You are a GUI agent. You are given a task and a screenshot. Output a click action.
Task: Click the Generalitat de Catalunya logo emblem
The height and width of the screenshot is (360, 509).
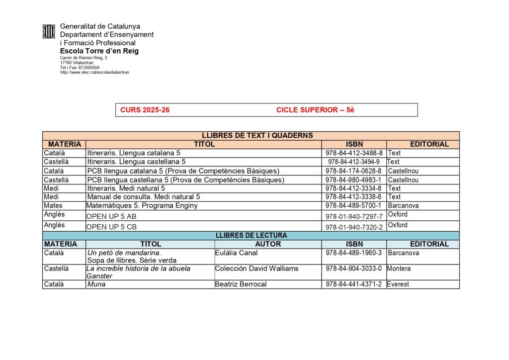point(48,31)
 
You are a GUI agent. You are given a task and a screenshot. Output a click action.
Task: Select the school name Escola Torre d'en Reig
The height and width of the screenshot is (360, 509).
point(99,51)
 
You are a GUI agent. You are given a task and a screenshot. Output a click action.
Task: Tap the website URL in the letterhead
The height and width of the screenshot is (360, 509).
point(94,72)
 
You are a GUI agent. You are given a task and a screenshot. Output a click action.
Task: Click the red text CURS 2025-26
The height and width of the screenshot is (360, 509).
point(145,110)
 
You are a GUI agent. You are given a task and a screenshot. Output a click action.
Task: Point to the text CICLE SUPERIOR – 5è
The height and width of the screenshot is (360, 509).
point(315,110)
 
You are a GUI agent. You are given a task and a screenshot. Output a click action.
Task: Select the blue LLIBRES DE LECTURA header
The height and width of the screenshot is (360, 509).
point(251,235)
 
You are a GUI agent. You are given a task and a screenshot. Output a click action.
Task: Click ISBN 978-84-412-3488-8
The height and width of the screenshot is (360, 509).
point(353,153)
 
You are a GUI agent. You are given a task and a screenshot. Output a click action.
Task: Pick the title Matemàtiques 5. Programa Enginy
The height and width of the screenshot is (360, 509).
point(142,205)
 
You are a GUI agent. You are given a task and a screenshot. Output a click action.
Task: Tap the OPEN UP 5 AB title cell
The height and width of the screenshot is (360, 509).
point(111,216)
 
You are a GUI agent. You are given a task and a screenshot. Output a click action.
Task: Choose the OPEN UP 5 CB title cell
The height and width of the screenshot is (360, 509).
point(111,227)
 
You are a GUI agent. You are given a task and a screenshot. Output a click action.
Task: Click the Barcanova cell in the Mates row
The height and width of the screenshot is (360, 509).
point(403,205)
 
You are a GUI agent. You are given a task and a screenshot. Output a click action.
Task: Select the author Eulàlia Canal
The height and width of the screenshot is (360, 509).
point(236,253)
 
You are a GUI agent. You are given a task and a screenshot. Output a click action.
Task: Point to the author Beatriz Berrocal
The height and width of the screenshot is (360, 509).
point(241,284)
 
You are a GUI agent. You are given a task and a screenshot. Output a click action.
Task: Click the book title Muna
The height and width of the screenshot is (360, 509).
point(96,284)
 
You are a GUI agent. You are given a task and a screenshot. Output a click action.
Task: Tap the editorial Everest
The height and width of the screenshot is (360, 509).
point(398,284)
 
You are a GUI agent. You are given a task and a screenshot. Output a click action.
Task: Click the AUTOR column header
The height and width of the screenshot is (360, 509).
point(268,244)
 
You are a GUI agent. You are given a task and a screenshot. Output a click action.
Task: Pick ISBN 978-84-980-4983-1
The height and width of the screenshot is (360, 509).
point(353,180)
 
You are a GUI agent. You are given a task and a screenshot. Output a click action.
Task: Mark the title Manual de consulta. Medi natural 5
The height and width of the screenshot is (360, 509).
point(143,197)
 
